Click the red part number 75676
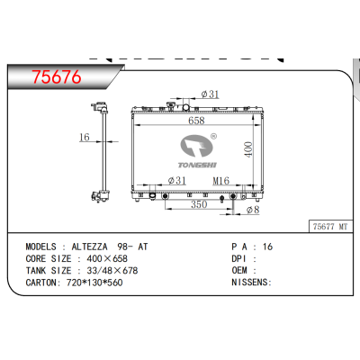pyautogui.click(x=56, y=78)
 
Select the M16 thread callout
pyautogui.click(x=220, y=182)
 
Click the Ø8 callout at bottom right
pyautogui.click(x=255, y=211)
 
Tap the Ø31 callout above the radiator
pyautogui.click(x=209, y=94)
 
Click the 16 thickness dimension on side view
pyautogui.click(x=82, y=138)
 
